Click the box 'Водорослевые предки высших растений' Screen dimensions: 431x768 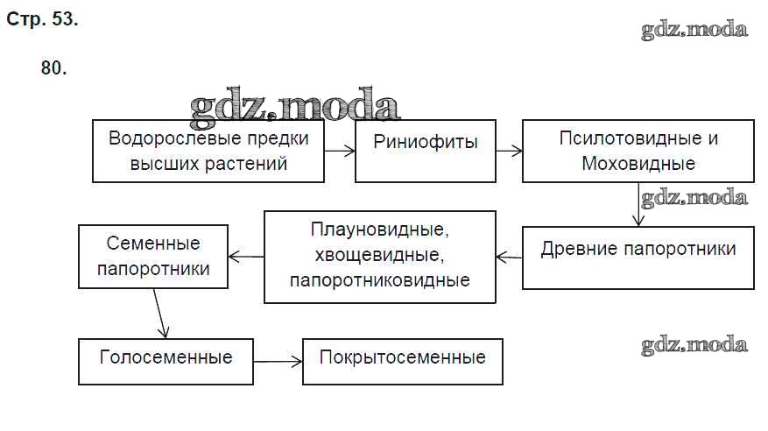point(208,152)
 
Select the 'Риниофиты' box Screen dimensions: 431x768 point(425,152)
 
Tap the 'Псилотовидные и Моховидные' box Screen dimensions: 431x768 point(638,152)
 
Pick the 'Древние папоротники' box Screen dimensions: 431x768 point(638,258)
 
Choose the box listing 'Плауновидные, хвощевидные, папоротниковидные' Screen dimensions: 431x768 point(378,257)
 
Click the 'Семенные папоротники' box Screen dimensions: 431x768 point(153,257)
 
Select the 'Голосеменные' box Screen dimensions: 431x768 point(166,360)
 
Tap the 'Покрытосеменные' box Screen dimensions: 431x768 point(402,360)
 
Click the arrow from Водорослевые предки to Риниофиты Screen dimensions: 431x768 point(338,152)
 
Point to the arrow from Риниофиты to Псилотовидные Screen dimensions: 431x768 point(508,152)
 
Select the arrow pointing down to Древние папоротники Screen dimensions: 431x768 point(638,205)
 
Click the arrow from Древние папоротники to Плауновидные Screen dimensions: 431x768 point(509,257)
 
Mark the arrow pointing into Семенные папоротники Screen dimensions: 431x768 point(246,257)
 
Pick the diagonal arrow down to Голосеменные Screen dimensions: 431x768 point(159,313)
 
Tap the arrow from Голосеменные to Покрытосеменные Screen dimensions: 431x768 point(278,361)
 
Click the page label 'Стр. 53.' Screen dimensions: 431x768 point(42,19)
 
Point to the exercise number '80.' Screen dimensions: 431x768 point(53,68)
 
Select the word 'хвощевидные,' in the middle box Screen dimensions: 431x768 point(378,257)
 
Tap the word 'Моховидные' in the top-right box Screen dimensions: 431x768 point(638,164)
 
